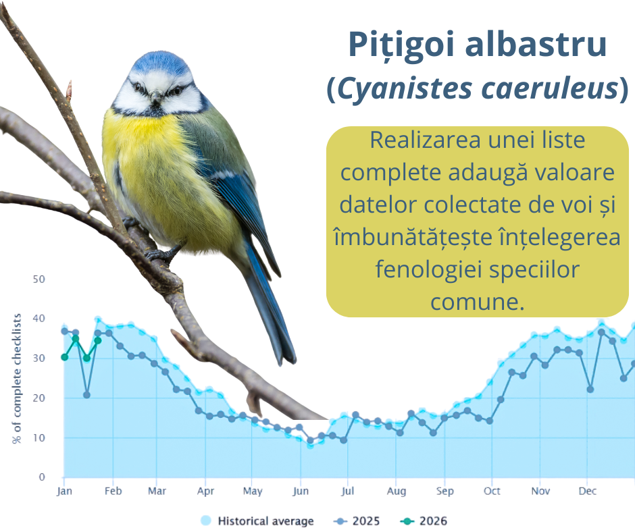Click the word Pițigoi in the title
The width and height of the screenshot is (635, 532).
(401, 44)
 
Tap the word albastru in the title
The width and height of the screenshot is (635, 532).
(536, 43)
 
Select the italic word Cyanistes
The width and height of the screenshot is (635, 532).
(405, 88)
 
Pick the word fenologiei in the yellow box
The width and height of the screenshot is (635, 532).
(428, 269)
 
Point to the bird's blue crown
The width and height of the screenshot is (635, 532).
(160, 62)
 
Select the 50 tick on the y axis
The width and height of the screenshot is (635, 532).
(39, 280)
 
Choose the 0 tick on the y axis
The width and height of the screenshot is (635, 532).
(42, 477)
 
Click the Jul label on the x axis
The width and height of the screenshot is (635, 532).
(347, 491)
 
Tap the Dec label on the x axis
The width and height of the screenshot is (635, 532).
(587, 491)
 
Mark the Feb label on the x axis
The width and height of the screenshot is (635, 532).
(113, 491)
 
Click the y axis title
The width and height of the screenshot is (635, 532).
(17, 378)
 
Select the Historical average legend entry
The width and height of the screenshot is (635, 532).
(257, 521)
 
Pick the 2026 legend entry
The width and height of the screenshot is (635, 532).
(424, 521)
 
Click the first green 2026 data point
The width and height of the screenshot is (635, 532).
(64, 357)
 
